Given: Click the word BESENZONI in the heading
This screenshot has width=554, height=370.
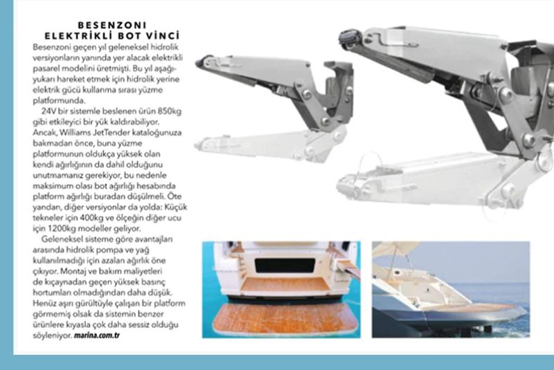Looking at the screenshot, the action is coord(111,25).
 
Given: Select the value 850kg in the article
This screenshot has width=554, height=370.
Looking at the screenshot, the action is coord(170,111).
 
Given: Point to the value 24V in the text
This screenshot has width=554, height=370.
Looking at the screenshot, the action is coord(48,111).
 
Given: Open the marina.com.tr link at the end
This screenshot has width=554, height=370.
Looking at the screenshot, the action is coord(96,335).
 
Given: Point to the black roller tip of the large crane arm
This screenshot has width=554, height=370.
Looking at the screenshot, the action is coord(349,37).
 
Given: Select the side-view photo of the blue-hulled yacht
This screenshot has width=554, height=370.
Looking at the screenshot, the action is coord(451,290).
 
